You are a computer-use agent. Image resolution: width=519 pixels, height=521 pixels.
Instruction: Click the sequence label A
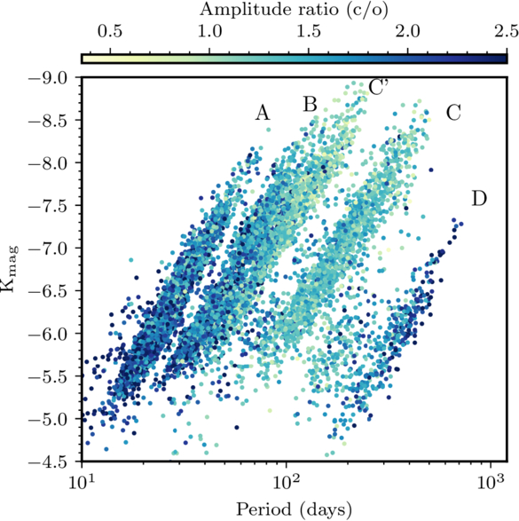coord(263,113)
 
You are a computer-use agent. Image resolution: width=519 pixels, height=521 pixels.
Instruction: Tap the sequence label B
coord(311,104)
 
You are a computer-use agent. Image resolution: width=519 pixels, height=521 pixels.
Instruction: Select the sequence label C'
coord(379,88)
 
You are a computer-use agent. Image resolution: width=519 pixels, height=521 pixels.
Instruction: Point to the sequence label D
coord(479,199)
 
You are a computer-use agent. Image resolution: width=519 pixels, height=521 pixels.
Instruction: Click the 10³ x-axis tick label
coord(491,481)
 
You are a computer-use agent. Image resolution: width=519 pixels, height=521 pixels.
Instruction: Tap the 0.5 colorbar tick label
coord(110,32)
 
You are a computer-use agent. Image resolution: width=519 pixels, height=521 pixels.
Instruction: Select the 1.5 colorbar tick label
coord(309,32)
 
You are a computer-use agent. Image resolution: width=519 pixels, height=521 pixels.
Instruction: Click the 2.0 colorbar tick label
coord(408,32)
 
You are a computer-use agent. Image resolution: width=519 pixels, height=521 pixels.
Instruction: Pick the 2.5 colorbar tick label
coord(507,32)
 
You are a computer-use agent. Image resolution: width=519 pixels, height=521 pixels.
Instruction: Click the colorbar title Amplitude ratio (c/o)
coord(294,10)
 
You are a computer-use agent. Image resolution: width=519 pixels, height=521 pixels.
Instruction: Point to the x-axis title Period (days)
coord(294,509)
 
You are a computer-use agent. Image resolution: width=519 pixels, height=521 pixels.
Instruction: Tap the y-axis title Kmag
coord(9,269)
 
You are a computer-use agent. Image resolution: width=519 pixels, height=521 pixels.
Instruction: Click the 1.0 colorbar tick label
coord(209,32)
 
